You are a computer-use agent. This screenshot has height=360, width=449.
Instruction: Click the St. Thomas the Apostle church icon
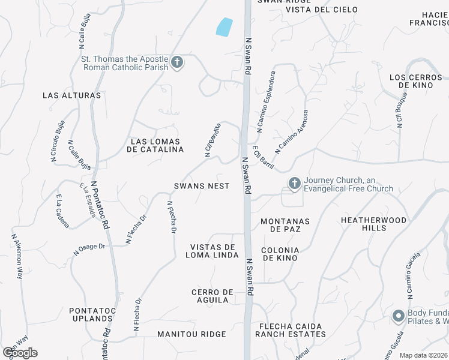point(176,62)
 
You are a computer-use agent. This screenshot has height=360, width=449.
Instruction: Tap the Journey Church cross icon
point(294,184)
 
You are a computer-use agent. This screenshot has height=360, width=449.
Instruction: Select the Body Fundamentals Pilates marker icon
point(398,316)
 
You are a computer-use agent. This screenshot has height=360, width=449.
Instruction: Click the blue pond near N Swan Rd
point(223,27)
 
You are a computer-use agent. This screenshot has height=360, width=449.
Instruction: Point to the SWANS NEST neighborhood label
point(202,186)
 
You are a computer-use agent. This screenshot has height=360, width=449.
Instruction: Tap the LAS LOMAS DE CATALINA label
point(157,146)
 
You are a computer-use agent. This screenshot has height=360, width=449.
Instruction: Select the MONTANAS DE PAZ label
point(285,225)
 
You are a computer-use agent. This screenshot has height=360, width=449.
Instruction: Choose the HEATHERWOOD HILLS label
point(373,224)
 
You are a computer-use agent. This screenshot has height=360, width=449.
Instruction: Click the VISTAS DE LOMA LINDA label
point(212,251)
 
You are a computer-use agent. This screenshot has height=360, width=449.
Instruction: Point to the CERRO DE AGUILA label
point(212,296)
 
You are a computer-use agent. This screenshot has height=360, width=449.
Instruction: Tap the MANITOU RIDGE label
point(191,334)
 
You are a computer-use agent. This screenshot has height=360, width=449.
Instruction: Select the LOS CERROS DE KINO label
point(415,81)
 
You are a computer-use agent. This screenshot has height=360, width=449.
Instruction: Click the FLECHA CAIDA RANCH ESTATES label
point(291,330)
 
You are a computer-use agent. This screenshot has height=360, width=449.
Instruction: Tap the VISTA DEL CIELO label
point(321,10)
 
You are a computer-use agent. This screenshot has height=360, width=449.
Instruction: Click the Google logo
point(20,352)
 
